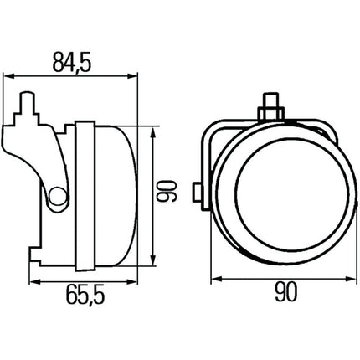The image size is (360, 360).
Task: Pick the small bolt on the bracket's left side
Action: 197,192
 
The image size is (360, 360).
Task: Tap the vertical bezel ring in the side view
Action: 82,194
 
